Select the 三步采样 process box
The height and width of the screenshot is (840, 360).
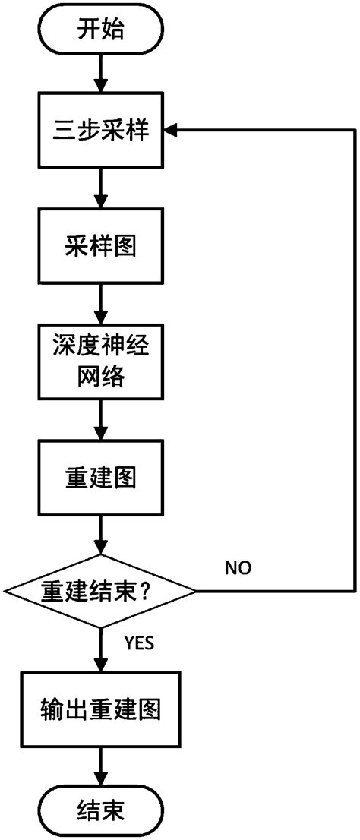point(101,131)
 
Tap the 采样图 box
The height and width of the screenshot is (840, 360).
point(101,247)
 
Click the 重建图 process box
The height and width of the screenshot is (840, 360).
point(101,478)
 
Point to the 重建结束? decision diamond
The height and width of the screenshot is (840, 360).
point(101,590)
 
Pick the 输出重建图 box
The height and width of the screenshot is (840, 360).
point(101,709)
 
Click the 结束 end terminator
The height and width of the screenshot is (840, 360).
point(101,810)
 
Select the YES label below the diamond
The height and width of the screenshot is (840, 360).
point(139,643)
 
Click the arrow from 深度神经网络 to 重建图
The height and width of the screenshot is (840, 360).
point(101,421)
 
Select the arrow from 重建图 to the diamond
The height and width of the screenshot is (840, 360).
point(101,536)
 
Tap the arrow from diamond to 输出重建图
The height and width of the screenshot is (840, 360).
point(101,649)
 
